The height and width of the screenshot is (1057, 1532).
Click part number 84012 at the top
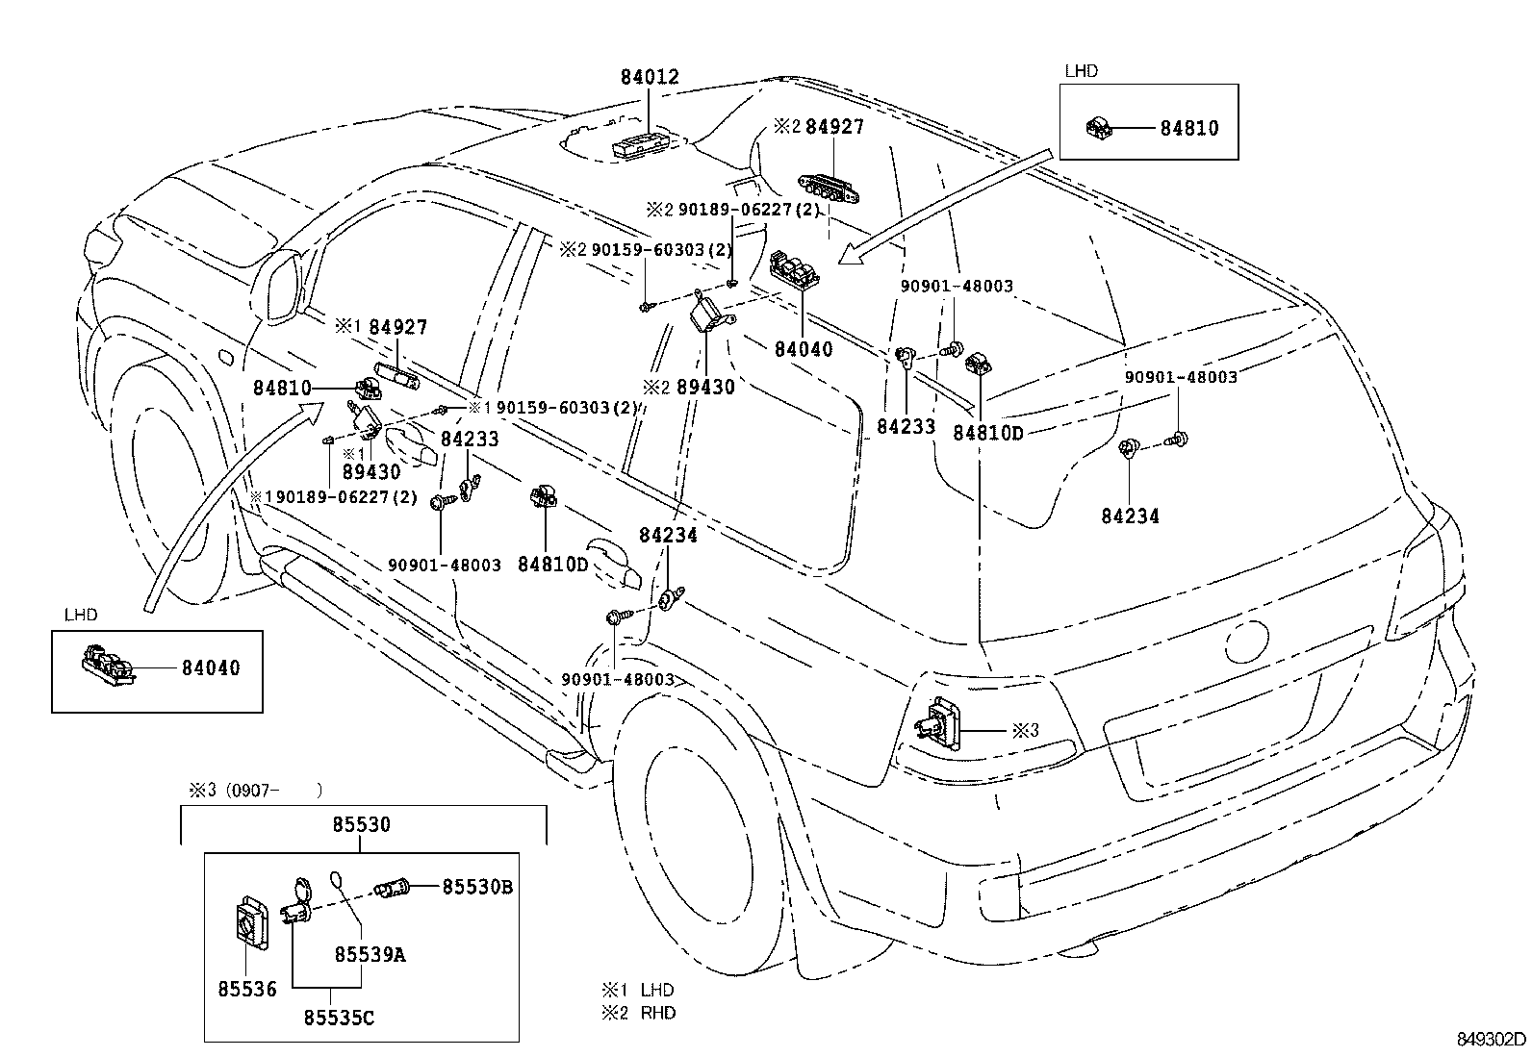tap(649, 77)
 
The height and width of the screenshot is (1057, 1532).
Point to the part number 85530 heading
tap(362, 825)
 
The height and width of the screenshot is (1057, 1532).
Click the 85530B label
tap(476, 887)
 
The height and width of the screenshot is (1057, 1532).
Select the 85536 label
tap(245, 988)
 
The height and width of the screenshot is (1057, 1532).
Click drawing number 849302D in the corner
tap(1490, 1039)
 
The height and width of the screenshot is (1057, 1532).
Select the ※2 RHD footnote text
tap(639, 1013)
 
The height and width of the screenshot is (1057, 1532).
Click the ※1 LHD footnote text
tap(638, 990)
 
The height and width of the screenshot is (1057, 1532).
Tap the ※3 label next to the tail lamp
tap(1025, 730)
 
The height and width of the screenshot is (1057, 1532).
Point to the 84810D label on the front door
tap(551, 565)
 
